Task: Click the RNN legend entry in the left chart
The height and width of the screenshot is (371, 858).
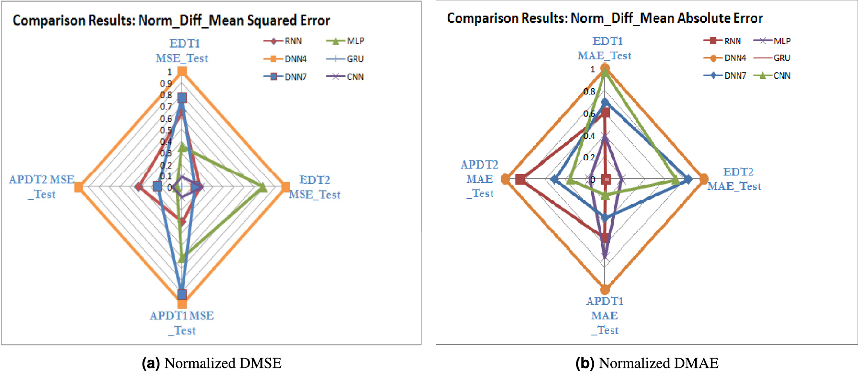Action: pyautogui.click(x=284, y=41)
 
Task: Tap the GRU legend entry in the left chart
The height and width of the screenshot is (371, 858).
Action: pyautogui.click(x=346, y=59)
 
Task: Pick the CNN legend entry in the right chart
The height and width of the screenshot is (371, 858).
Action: pyautogui.click(x=773, y=76)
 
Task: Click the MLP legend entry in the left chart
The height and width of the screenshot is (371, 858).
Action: pyautogui.click(x=346, y=41)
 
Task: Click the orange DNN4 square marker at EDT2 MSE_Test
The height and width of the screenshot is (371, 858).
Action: pyautogui.click(x=285, y=187)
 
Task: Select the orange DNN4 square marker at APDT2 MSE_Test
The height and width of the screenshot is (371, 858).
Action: pyautogui.click(x=78, y=187)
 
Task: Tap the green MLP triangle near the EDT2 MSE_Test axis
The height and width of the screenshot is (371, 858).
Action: pyautogui.click(x=262, y=187)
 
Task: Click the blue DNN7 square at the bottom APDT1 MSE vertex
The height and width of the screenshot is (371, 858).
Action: pyautogui.click(x=182, y=294)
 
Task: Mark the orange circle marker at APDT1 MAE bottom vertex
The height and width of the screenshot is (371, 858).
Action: pyautogui.click(x=605, y=289)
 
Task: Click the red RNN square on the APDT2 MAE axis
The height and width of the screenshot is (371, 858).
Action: pyautogui.click(x=520, y=179)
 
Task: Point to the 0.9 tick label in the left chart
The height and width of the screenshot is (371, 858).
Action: pyautogui.click(x=166, y=84)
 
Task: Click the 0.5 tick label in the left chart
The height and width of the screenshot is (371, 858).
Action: pyautogui.click(x=166, y=130)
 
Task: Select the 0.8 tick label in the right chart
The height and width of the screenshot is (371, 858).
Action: pyautogui.click(x=589, y=91)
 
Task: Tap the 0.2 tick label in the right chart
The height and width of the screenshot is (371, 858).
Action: pyautogui.click(x=589, y=157)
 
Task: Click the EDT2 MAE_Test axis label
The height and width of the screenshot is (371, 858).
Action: pyautogui.click(x=735, y=179)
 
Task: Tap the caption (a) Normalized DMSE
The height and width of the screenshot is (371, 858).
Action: pyautogui.click(x=212, y=363)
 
